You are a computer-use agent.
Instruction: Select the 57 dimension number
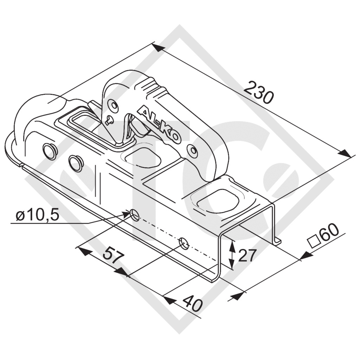pos(114,255)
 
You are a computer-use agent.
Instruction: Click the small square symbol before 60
pos(314,243)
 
